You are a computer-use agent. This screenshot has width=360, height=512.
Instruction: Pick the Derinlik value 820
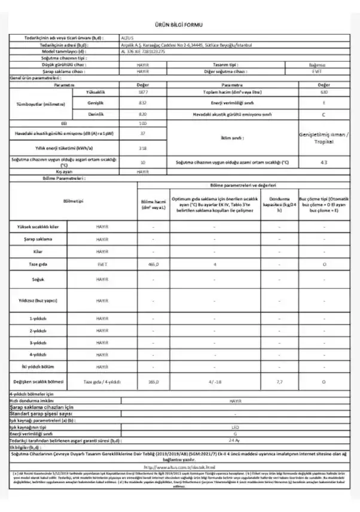(142, 113)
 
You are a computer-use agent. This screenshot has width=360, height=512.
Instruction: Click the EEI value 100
(142, 123)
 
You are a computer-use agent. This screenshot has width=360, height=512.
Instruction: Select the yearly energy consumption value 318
(142, 148)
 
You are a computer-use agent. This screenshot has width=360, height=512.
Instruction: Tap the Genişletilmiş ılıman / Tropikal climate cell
(324, 138)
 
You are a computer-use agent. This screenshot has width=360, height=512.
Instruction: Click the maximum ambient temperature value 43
(324, 162)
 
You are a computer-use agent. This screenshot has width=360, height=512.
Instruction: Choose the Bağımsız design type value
(324, 65)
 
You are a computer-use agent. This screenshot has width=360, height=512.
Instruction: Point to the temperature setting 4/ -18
(214, 381)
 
